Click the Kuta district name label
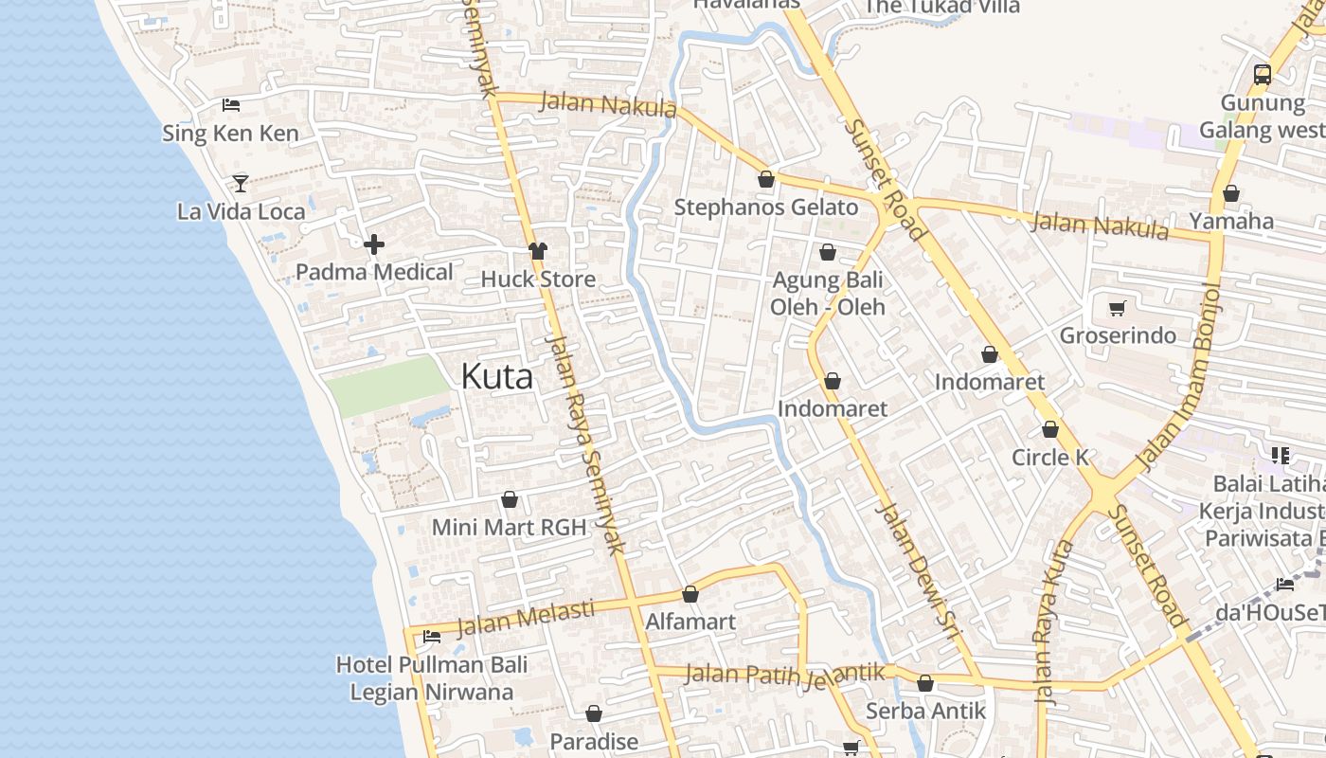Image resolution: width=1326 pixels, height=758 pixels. (x=497, y=376)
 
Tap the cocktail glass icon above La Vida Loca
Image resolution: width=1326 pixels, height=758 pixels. (x=241, y=183)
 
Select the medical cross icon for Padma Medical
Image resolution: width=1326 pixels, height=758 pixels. (x=374, y=244)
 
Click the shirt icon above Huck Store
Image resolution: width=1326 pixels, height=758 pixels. (x=538, y=251)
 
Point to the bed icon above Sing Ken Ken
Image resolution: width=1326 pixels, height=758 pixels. (x=231, y=105)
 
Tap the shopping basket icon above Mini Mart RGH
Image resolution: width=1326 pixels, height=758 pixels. (x=510, y=499)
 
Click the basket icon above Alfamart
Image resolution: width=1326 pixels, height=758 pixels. (x=690, y=594)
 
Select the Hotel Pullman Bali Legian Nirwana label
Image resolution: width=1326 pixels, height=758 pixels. (x=432, y=678)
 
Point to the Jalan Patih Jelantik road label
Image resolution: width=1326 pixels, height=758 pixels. (x=784, y=674)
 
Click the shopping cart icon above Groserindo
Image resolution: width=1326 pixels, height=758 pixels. (x=1118, y=308)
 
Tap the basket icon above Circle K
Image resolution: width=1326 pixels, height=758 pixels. (x=1049, y=429)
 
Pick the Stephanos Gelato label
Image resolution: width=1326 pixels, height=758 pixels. (x=766, y=208)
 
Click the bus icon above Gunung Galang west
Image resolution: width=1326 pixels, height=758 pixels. (x=1262, y=74)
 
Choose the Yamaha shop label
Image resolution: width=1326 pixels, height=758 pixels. (x=1231, y=221)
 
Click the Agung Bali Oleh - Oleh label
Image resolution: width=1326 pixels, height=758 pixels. (x=828, y=293)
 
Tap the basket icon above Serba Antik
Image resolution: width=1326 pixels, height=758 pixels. (x=925, y=683)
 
